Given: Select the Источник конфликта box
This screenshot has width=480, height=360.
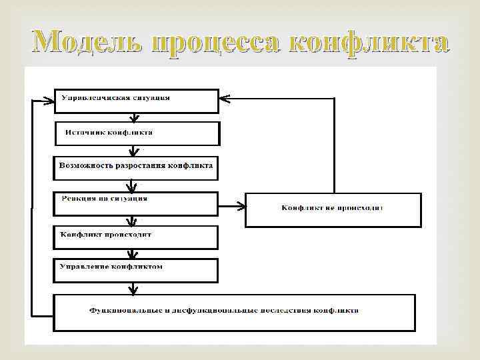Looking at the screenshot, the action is [x=137, y=133].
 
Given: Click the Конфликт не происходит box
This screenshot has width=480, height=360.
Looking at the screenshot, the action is [x=333, y=209].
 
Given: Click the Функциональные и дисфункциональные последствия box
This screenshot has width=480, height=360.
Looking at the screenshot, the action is [x=234, y=312].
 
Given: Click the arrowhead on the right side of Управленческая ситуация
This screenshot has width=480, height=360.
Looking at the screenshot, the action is [x=225, y=99].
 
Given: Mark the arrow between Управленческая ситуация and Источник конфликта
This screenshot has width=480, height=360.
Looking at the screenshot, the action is [x=135, y=118].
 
